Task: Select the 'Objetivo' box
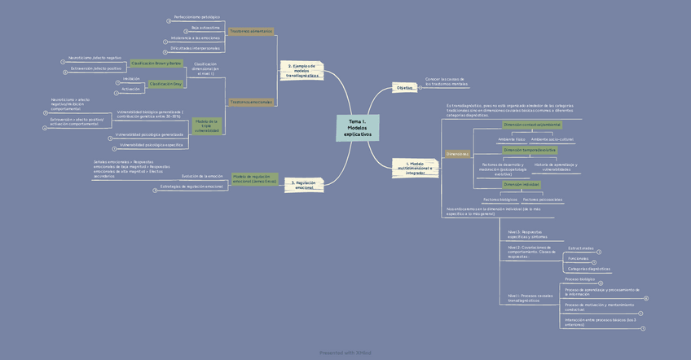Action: (404, 87)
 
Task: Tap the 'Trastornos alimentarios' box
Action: (250, 31)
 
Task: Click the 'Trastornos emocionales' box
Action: (251, 102)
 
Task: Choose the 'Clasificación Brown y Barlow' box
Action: (156, 63)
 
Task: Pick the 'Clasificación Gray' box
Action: (165, 84)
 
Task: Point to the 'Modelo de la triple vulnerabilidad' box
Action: (207, 125)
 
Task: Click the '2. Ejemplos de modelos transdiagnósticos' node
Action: (301, 70)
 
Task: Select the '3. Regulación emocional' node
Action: (304, 185)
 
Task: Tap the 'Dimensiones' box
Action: (457, 154)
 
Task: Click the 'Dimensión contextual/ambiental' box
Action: (531, 125)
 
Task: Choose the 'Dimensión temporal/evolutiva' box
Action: (529, 150)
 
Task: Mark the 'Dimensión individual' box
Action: (522, 184)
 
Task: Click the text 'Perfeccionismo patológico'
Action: (196, 16)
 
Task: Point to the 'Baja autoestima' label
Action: (205, 27)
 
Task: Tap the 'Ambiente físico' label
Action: (512, 139)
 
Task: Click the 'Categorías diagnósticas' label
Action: (588, 269)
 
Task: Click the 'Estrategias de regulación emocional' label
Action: (191, 187)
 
